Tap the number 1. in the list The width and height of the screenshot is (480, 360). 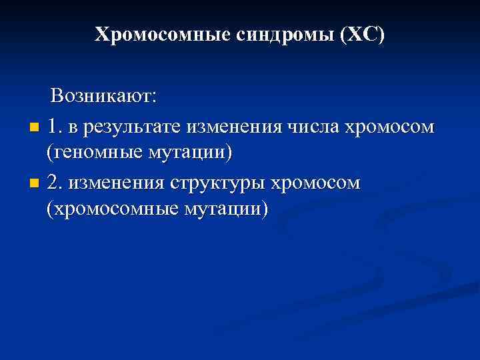point(55,125)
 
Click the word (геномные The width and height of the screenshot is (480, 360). point(89,153)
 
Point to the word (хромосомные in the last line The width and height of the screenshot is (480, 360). point(109,210)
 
